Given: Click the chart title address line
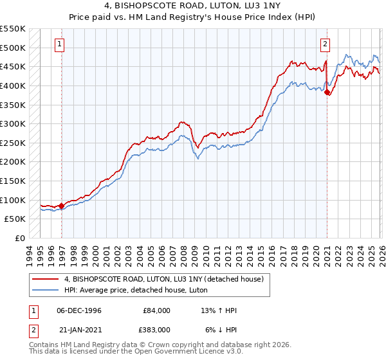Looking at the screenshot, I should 193,6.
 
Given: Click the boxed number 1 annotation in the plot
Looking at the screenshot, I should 59,44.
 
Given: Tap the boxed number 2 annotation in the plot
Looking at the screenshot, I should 326,44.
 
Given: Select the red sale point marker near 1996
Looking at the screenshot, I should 62,206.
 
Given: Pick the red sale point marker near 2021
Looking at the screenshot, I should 327,93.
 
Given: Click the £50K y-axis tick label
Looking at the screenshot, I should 15,219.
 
